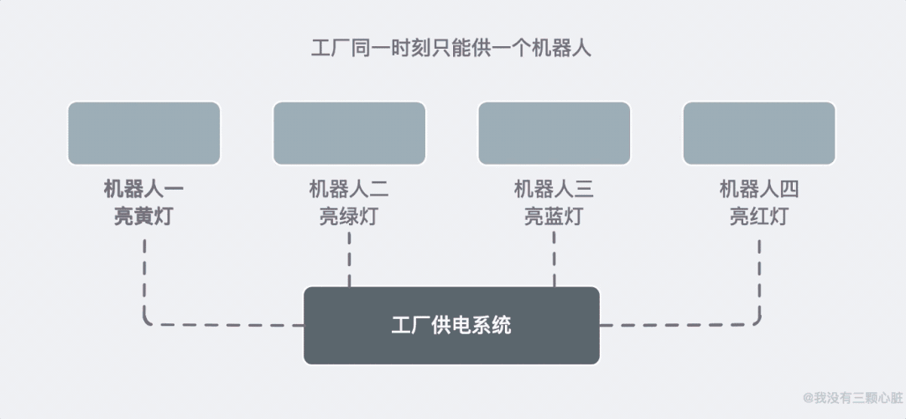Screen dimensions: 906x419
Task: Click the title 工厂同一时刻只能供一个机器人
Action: click(451, 48)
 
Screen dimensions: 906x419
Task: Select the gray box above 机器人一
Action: click(143, 133)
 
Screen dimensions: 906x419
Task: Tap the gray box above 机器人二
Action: click(349, 133)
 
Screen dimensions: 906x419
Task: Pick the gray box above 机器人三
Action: click(554, 133)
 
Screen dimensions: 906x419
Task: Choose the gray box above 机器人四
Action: click(759, 133)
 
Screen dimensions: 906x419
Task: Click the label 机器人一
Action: click(143, 190)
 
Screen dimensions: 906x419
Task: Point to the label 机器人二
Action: click(349, 190)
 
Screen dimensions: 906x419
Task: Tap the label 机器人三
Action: click(554, 190)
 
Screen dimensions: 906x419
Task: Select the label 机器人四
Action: click(759, 190)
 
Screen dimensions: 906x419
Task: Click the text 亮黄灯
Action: click(143, 217)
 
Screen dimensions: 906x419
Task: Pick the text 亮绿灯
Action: click(349, 217)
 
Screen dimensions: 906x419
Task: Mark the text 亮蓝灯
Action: click(554, 217)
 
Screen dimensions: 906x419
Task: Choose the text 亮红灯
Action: click(759, 217)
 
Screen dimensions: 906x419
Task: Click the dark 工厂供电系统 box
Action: click(451, 326)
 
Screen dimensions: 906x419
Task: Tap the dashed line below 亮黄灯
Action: click(145, 277)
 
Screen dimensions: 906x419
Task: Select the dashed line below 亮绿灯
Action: click(349, 260)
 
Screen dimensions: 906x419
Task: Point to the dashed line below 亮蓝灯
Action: click(554, 260)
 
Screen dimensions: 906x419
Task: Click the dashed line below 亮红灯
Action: click(759, 277)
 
